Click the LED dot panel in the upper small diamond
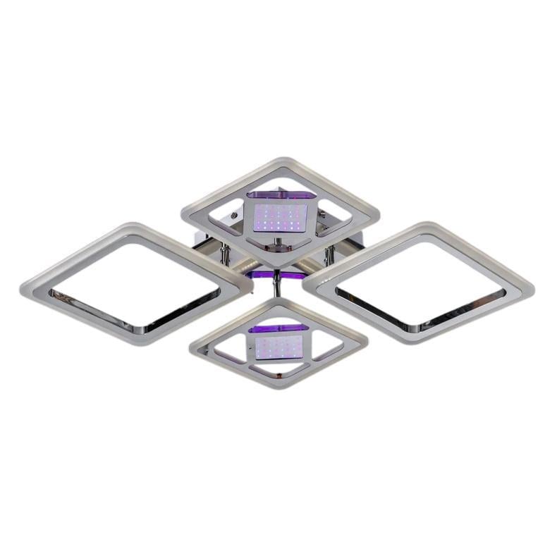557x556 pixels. [278, 218]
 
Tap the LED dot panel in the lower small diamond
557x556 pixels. [278, 346]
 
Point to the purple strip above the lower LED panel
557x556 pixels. [279, 328]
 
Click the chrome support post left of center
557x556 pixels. [225, 253]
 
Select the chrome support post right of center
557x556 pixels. [329, 254]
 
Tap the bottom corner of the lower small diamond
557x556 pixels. [278, 388]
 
